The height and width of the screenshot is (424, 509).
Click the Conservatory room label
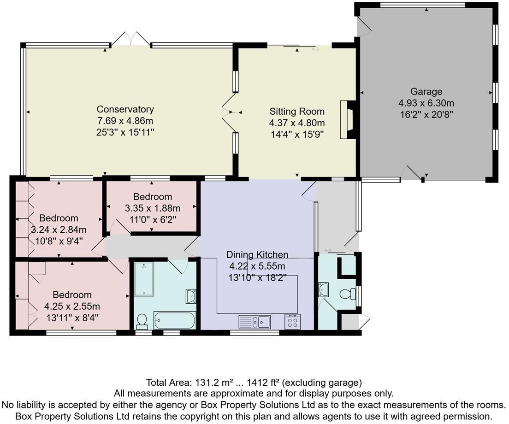125,109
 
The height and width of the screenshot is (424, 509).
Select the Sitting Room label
297,112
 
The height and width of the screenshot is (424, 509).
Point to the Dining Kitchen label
257,254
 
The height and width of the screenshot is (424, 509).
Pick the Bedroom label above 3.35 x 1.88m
153,197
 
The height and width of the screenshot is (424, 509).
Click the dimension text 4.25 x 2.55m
72,306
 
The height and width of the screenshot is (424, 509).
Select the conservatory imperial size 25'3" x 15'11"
125,132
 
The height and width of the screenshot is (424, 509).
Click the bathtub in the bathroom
175,320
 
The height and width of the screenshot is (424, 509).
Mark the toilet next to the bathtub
142,321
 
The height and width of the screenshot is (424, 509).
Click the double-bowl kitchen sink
254,321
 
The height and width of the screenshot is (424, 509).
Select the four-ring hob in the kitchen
293,321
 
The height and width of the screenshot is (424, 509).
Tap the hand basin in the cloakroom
323,289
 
